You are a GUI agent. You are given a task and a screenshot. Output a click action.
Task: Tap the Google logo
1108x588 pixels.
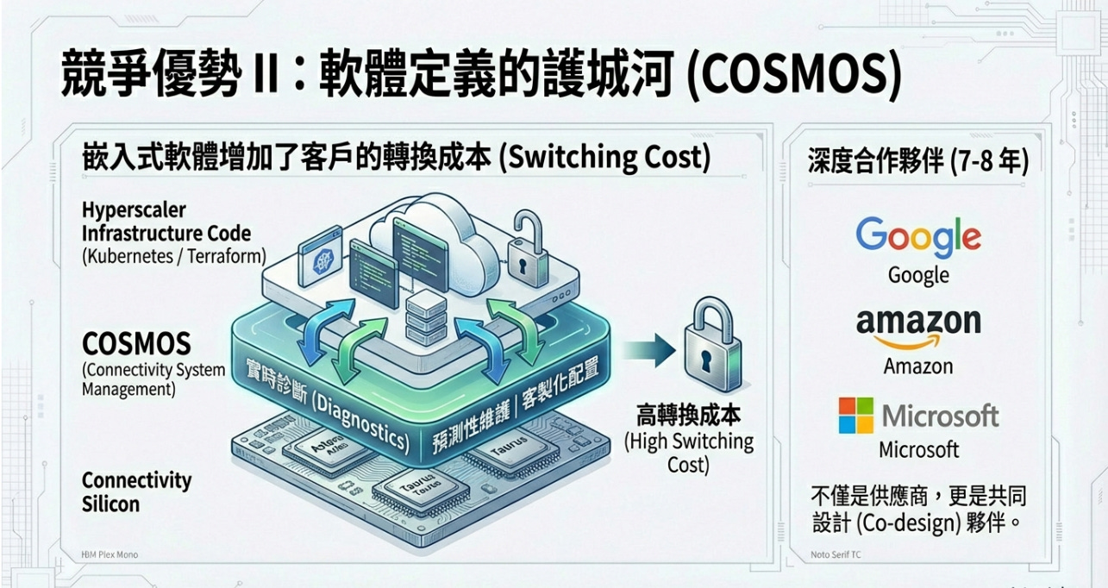pyautogui.click(x=918, y=238)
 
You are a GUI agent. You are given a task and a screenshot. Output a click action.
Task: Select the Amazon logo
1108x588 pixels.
pyautogui.click(x=918, y=327)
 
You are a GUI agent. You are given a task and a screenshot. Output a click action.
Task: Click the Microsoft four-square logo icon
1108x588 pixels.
pyautogui.click(x=856, y=416)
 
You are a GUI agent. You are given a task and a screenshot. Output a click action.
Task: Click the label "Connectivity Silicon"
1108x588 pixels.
pyautogui.click(x=136, y=491)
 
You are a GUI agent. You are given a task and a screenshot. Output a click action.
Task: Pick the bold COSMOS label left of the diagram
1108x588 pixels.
pyautogui.click(x=136, y=345)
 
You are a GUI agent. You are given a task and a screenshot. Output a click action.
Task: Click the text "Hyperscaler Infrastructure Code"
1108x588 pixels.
pyautogui.click(x=166, y=222)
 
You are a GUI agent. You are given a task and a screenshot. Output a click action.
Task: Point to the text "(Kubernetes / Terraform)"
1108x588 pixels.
pyautogui.click(x=173, y=256)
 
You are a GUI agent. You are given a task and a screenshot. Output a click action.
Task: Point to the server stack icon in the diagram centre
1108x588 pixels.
pyautogui.click(x=423, y=316)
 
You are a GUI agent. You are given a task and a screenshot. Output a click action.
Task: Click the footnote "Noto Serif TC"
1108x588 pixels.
pyautogui.click(x=836, y=554)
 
